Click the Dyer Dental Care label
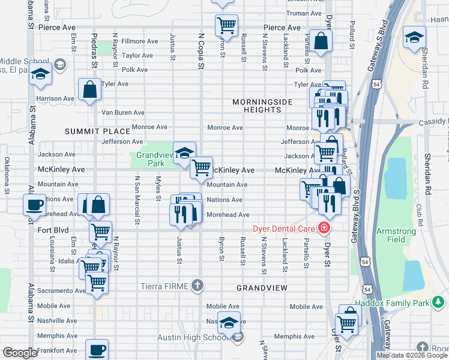coord(284,228)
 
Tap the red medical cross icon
coord(324,228)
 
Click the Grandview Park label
coord(149,158)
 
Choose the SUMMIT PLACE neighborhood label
coord(98,131)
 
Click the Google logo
coord(20,353)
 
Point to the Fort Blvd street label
coord(53,230)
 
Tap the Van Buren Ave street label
coord(122,112)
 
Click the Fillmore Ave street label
coord(139,41)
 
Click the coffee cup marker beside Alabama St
coord(34,205)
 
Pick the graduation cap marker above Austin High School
coord(228,322)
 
